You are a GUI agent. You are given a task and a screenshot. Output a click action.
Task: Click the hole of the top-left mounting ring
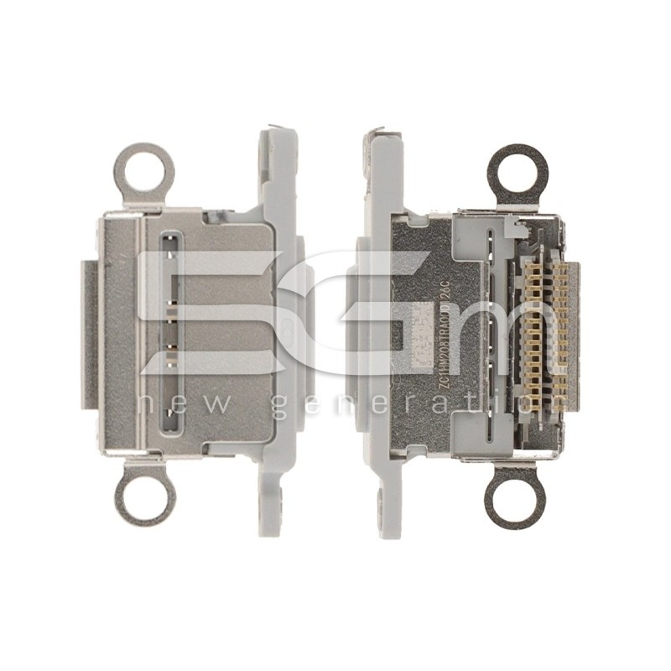click(144, 170)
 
